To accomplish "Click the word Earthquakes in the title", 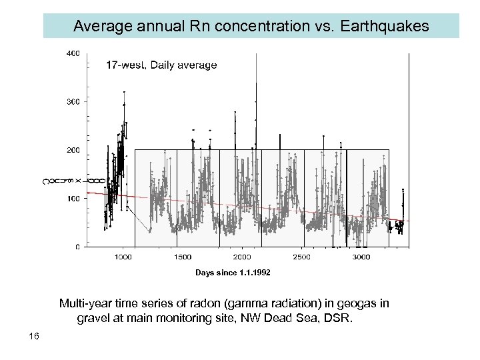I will (388, 27).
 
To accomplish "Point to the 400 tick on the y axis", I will (73, 53).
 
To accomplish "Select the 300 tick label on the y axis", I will (73, 101).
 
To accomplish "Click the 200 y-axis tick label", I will (73, 150).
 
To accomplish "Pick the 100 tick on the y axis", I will (73, 199).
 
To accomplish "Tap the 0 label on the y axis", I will (77, 247).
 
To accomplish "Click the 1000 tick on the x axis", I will (123, 257).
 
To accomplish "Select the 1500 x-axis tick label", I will (183, 257).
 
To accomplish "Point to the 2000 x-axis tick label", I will (242, 257).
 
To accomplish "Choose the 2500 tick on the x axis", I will (302, 257).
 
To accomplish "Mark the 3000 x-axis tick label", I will (361, 257).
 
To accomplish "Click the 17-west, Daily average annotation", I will (161, 65).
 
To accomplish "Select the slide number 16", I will (34, 336).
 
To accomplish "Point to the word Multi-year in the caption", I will (85, 304).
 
